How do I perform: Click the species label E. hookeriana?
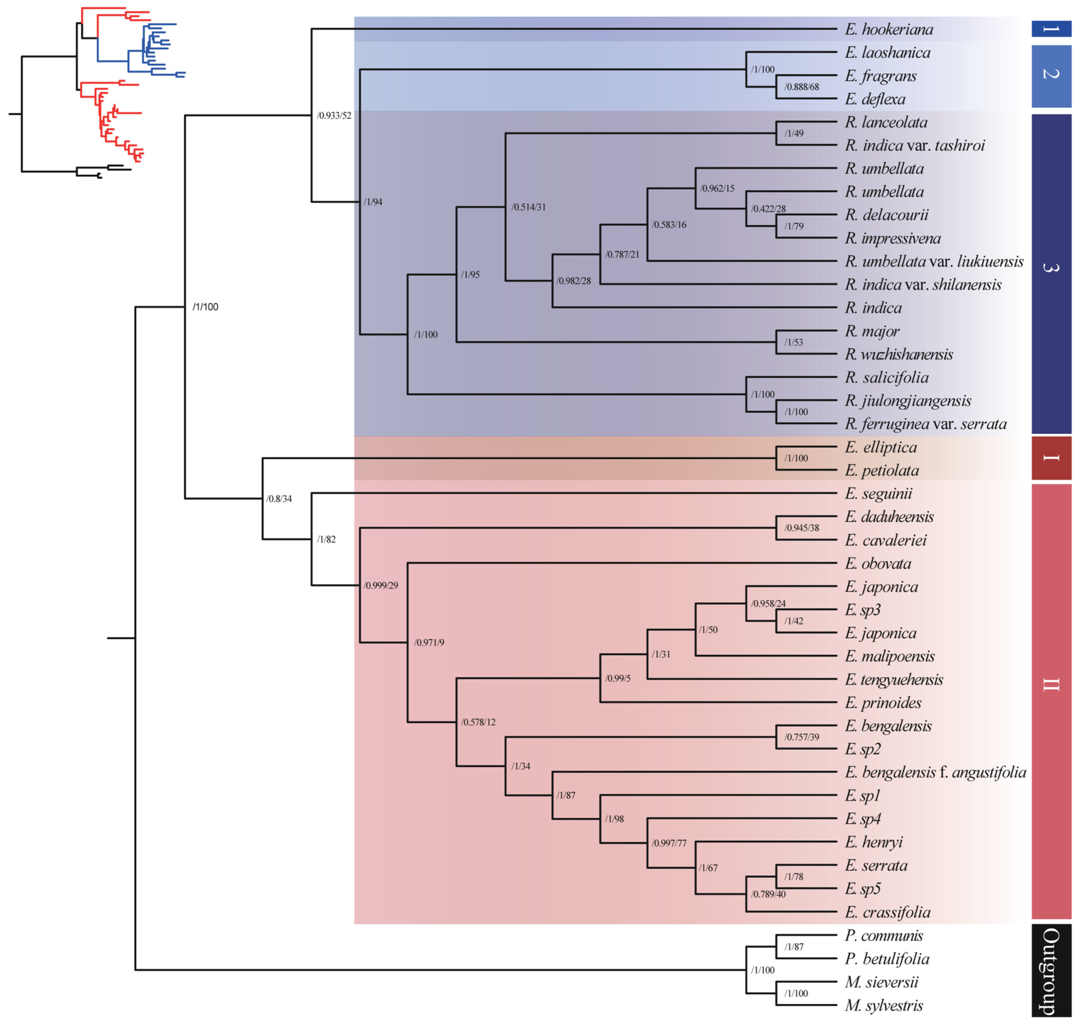889,29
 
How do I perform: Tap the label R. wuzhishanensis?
899,355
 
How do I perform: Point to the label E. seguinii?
878,494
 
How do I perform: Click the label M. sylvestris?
884,1005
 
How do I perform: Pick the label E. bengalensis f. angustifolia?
935,772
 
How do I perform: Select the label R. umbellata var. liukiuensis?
934,262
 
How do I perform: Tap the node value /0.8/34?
279,499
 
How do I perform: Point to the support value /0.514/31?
528,207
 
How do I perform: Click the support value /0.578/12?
478,722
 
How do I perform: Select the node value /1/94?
373,202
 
